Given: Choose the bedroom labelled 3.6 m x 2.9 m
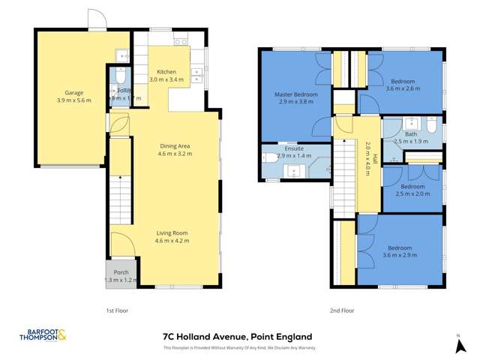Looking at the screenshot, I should (x=399, y=252).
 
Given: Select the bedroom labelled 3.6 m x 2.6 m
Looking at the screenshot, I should (x=403, y=84).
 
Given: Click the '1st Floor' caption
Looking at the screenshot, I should (x=116, y=309).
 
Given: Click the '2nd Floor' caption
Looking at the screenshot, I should (x=341, y=309).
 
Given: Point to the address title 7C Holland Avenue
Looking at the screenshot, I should (x=237, y=337).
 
